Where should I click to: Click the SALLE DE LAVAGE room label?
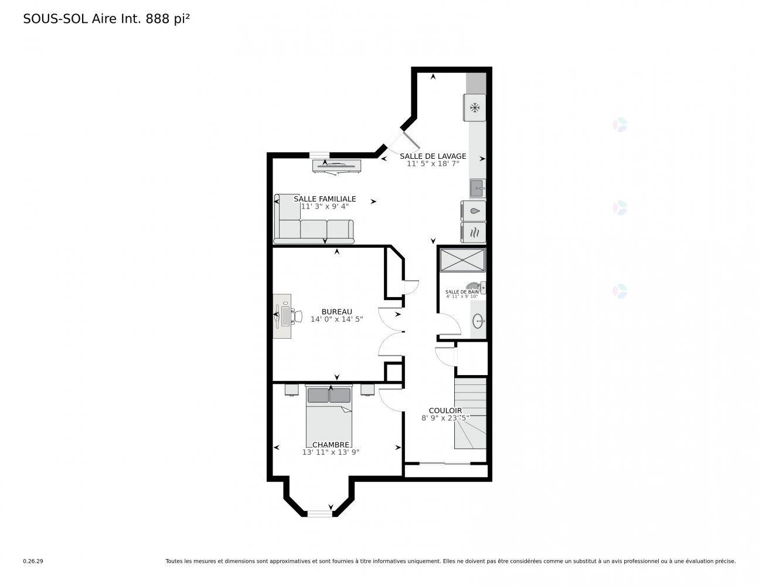[x=433, y=156]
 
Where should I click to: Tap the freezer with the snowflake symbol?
[x=474, y=108]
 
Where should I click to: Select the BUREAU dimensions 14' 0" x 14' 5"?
[x=336, y=319]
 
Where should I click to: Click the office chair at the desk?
[x=297, y=316]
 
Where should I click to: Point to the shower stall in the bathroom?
[x=462, y=260]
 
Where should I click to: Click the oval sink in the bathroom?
[x=478, y=321]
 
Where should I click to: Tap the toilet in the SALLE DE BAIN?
[x=476, y=287]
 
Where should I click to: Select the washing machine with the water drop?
[x=474, y=211]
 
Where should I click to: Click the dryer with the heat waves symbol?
[x=474, y=232]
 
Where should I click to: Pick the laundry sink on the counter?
[x=478, y=189]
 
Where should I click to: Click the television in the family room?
[x=336, y=166]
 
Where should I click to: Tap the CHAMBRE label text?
[x=331, y=445]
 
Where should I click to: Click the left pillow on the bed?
[x=318, y=395]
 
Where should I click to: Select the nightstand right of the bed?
[x=367, y=389]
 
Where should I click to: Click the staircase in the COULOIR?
[x=470, y=413]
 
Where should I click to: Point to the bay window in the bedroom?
[x=319, y=513]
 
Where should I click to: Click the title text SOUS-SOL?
[x=56, y=19]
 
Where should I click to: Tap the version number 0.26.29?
[x=33, y=561]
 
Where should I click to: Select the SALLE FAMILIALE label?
[x=325, y=199]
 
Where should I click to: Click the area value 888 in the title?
[x=158, y=19]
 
